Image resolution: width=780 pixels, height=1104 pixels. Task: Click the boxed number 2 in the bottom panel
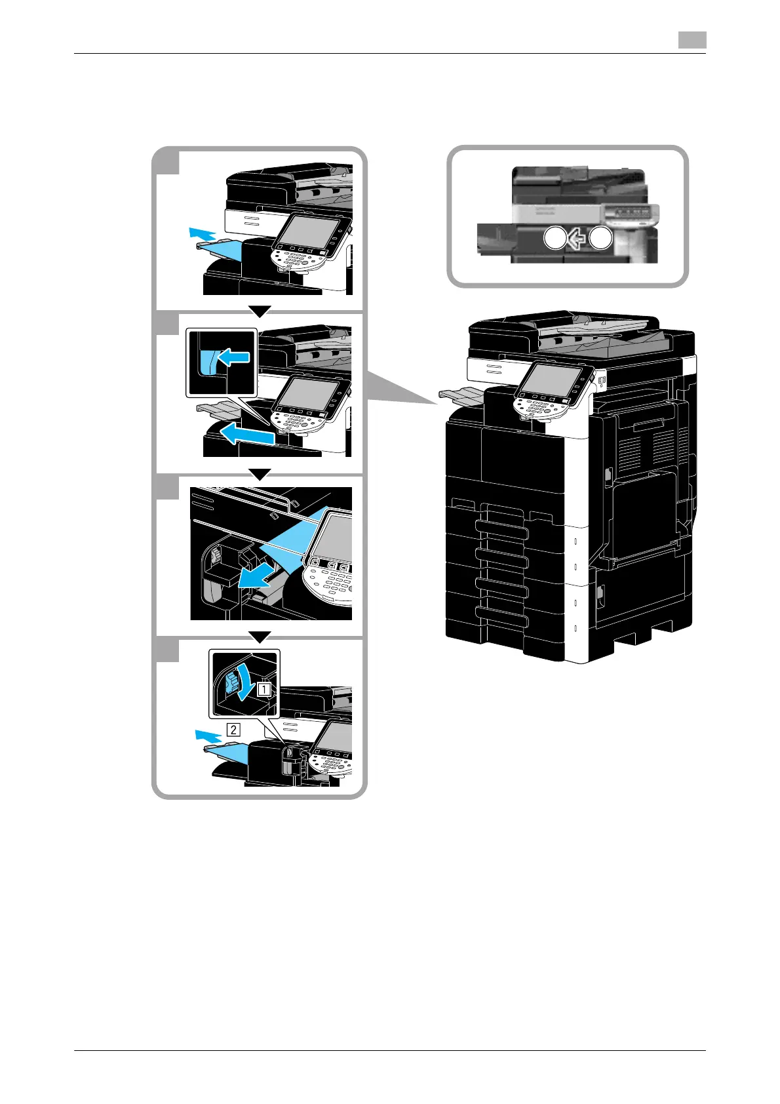click(233, 728)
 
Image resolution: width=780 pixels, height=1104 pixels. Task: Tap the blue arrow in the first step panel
click(201, 233)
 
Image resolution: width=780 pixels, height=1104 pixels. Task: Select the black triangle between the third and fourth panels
click(260, 636)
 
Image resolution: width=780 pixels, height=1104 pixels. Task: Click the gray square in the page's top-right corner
click(692, 40)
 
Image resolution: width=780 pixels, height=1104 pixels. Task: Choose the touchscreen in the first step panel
click(309, 233)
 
